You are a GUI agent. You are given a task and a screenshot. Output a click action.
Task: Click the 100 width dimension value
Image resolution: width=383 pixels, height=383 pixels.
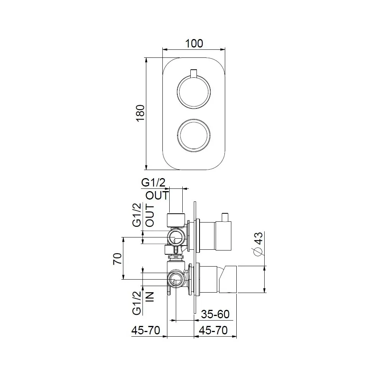(x=194, y=43)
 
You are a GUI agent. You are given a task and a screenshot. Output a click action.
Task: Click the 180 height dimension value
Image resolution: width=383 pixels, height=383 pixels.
(x=140, y=113)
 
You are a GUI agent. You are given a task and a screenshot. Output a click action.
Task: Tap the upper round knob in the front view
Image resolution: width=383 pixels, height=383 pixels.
(x=193, y=92)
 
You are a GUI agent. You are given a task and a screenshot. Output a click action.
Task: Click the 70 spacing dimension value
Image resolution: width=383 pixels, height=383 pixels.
(x=117, y=259)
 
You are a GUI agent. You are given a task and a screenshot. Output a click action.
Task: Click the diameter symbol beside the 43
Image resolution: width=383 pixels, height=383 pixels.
(x=258, y=252)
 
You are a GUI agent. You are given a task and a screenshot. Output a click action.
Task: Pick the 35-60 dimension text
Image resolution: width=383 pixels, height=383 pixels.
(x=215, y=314)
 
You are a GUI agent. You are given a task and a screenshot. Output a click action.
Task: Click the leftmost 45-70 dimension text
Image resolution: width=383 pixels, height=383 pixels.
(x=145, y=330)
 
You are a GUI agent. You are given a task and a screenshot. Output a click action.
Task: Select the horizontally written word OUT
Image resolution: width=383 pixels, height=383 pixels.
(x=157, y=195)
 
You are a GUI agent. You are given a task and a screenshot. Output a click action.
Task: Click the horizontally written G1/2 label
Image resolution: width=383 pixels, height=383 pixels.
(x=154, y=183)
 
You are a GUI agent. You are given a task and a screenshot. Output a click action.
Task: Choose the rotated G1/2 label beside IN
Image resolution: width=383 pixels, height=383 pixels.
(x=137, y=302)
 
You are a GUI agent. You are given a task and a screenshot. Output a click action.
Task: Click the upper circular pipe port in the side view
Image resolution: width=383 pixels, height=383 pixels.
(x=177, y=237)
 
